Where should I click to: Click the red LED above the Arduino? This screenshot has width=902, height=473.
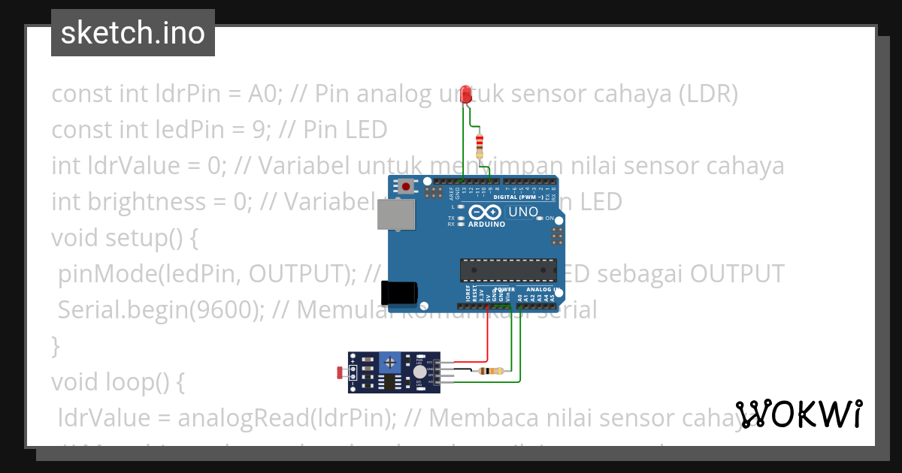point(465,94)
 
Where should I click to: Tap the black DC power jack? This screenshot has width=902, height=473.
point(398,293)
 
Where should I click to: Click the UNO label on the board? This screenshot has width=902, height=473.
point(523,212)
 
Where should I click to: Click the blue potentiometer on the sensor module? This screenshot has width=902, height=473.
point(390,362)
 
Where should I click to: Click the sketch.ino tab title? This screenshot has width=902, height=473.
point(133,33)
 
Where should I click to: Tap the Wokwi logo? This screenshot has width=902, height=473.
point(798,414)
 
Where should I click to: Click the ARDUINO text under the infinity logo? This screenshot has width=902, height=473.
point(486,224)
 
